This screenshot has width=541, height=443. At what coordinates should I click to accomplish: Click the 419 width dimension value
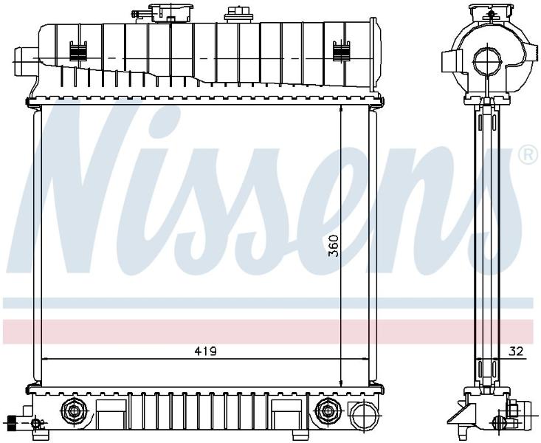click(x=205, y=351)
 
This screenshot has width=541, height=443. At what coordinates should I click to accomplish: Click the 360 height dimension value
click(x=334, y=246)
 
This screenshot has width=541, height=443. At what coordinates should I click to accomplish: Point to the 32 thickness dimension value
click(x=516, y=351)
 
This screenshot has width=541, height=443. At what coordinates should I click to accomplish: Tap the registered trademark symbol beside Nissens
click(x=528, y=155)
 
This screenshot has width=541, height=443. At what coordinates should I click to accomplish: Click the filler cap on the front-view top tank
click(x=171, y=13)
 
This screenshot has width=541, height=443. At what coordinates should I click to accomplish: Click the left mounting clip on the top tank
click(x=78, y=52)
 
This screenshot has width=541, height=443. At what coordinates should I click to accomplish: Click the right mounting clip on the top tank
click(x=341, y=52)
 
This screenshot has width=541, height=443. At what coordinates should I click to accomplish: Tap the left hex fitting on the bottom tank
click(x=74, y=411)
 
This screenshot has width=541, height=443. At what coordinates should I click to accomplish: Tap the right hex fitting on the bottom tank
click(x=328, y=411)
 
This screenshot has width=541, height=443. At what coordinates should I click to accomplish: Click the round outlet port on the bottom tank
click(x=361, y=413)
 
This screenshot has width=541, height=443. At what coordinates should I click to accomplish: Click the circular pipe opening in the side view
click(x=487, y=61)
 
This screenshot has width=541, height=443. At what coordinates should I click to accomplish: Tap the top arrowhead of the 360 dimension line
click(x=341, y=108)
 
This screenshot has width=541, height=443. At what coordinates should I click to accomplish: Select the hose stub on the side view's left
click(x=452, y=61)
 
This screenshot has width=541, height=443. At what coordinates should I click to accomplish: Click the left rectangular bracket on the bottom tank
click(x=111, y=414)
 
